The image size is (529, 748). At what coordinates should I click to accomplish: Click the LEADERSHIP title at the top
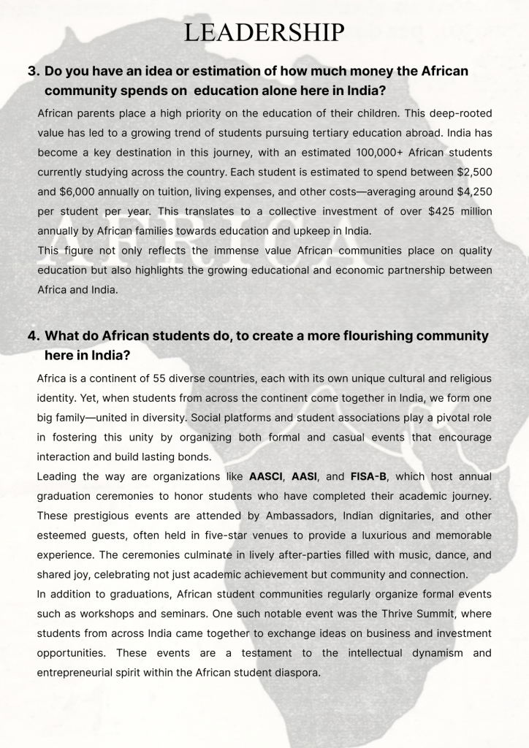click(264, 32)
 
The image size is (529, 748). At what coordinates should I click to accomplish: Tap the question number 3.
click(33, 72)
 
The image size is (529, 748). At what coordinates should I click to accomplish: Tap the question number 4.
click(33, 336)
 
